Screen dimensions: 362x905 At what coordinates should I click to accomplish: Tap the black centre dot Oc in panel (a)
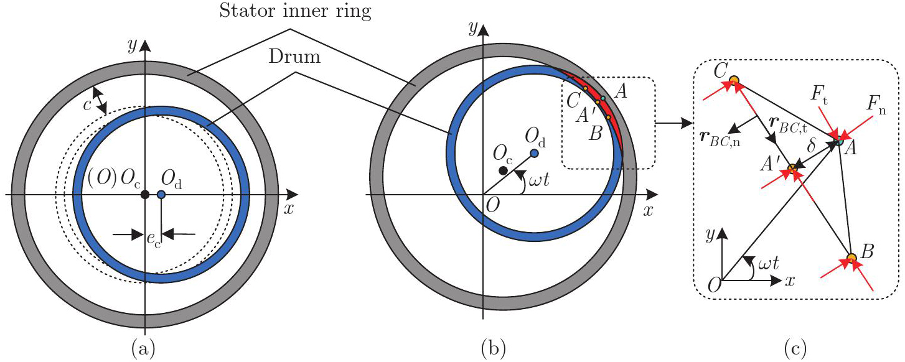click(x=144, y=195)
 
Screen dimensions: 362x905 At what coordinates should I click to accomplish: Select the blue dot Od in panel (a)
click(x=161, y=195)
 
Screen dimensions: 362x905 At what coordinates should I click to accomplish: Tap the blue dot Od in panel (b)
click(x=534, y=153)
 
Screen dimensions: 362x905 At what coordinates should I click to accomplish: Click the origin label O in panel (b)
click(x=492, y=207)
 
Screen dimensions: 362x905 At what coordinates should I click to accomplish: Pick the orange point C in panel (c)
click(x=734, y=80)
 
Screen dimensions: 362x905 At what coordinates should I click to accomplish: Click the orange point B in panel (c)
click(x=851, y=258)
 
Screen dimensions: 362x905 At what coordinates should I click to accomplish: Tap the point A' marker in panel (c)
click(x=792, y=169)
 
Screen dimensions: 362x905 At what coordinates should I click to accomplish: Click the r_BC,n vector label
click(x=713, y=137)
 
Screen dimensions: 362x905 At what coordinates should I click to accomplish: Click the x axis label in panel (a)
click(x=288, y=209)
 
